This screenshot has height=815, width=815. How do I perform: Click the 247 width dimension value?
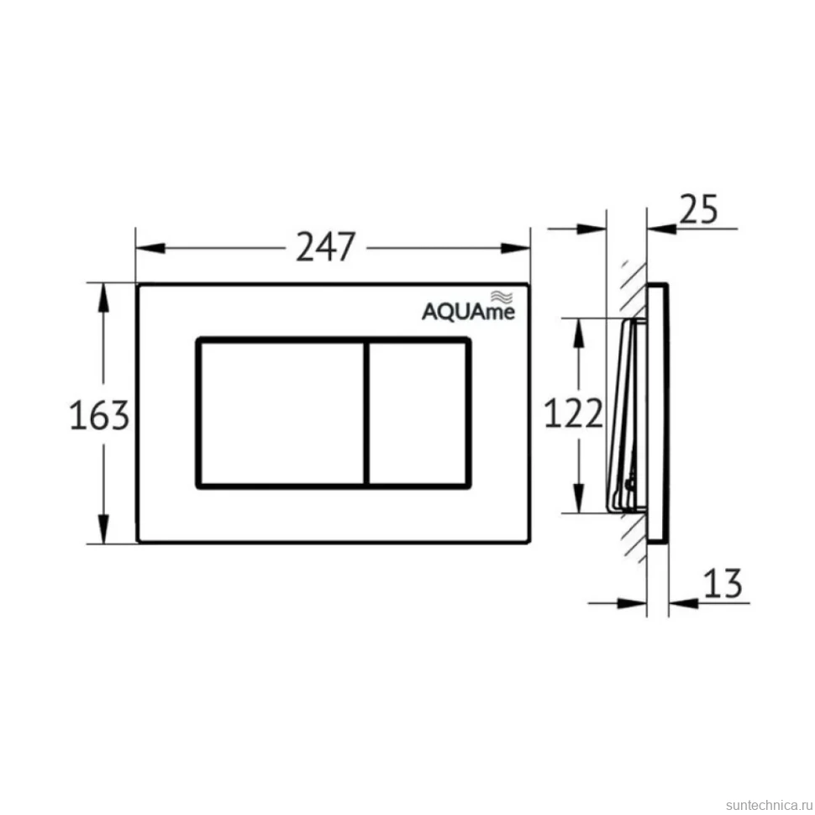[326, 246]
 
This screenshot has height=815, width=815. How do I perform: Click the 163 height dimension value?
[99, 415]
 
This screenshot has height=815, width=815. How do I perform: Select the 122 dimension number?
[573, 413]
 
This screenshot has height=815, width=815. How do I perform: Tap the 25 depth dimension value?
[698, 209]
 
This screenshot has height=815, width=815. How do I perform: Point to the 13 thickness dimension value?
[723, 583]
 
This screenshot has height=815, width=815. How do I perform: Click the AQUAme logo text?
[468, 312]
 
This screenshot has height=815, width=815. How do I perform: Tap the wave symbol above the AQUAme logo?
[502, 297]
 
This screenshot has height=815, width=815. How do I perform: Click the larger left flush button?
[281, 413]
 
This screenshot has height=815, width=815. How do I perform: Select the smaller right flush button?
[418, 413]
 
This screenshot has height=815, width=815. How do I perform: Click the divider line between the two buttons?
[366, 413]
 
